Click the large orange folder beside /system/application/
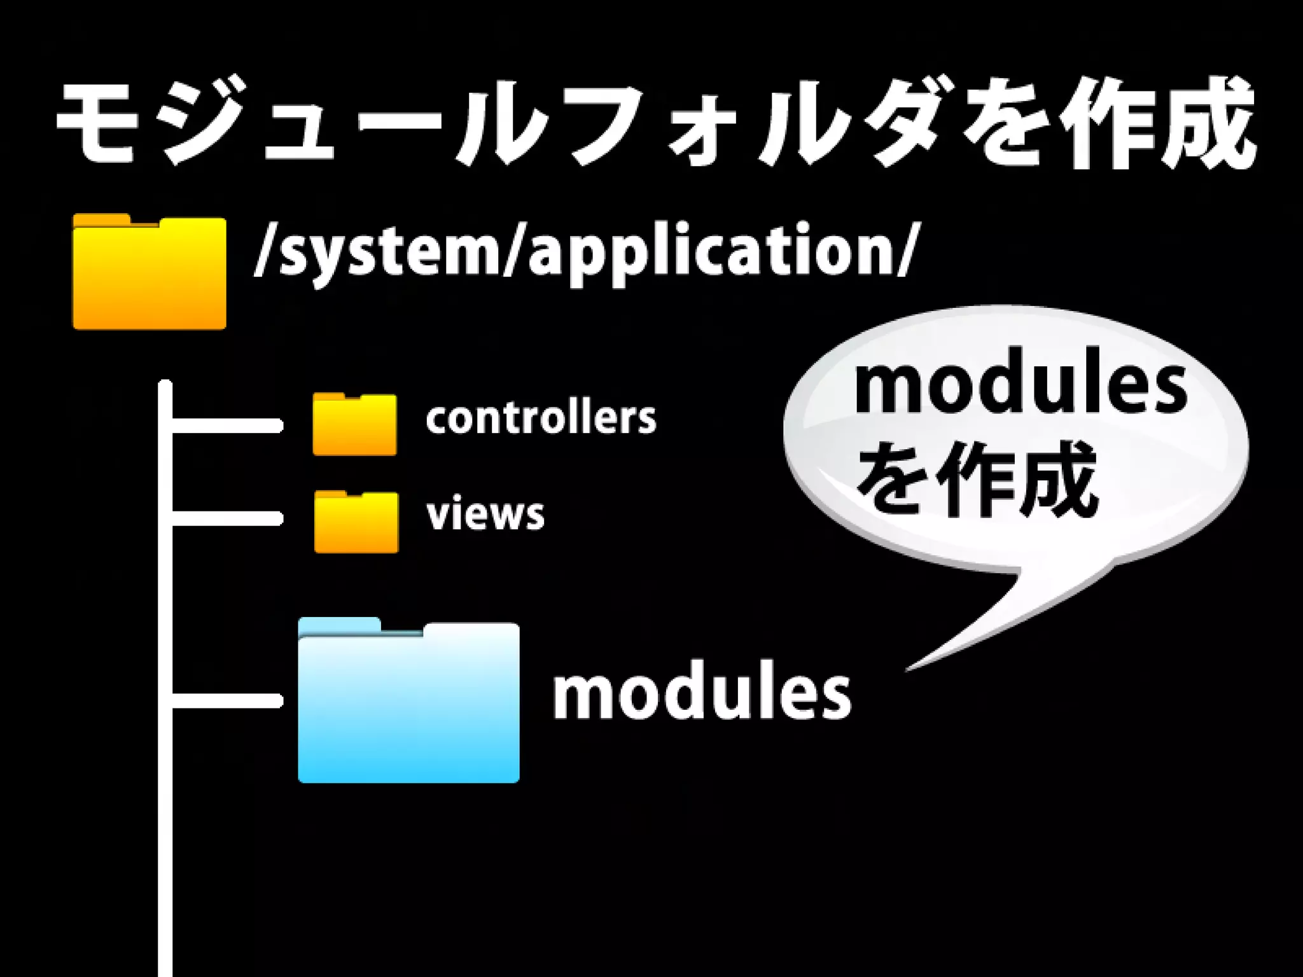pyautogui.click(x=150, y=274)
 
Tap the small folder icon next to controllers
pyautogui.click(x=354, y=426)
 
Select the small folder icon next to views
pyautogui.click(x=356, y=523)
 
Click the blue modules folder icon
pyautogui.click(x=408, y=706)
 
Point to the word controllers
pyautogui.click(x=541, y=419)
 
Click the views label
pyautogui.click(x=485, y=515)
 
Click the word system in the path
pyautogui.click(x=389, y=251)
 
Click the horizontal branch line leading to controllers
pyautogui.click(x=226, y=426)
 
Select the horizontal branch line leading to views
pyautogui.click(x=226, y=519)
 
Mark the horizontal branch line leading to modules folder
pyautogui.click(x=226, y=701)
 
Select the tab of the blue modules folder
pyautogui.click(x=339, y=627)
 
